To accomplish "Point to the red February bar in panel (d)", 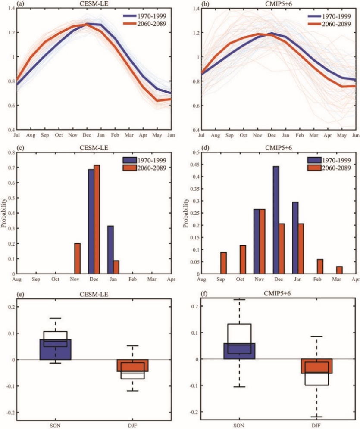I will click(x=320, y=266).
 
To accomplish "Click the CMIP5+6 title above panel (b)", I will click(x=278, y=3).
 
